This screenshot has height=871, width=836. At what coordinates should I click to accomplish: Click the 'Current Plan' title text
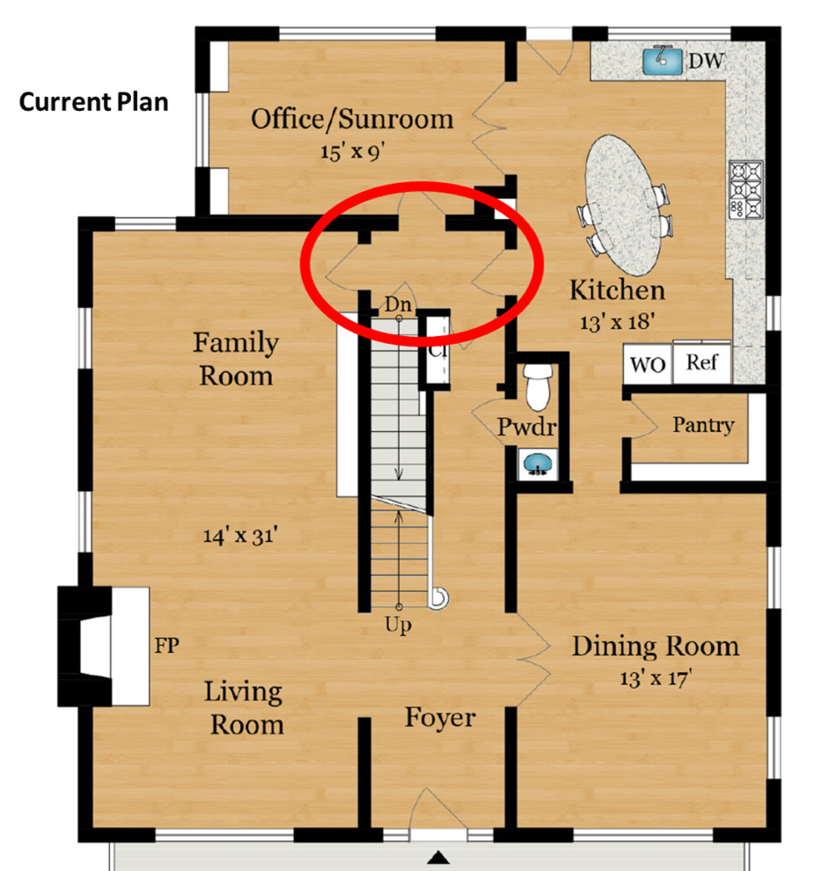point(93,102)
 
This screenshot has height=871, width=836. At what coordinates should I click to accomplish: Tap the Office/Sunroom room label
point(352,119)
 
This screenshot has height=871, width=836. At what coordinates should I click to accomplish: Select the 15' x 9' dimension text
point(352,150)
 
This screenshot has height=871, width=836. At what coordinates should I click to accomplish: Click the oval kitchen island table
point(626,203)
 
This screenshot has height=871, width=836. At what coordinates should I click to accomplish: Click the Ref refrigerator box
point(701,362)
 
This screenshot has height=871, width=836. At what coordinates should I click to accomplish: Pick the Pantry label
point(703,425)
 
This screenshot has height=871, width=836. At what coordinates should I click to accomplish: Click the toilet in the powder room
point(536,384)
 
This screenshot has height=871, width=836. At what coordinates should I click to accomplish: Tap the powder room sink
point(535,463)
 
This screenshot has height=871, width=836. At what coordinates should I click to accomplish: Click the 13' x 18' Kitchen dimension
point(616,321)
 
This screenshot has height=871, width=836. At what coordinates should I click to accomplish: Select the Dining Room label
point(656,647)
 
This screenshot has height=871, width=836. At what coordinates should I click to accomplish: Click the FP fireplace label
point(166,647)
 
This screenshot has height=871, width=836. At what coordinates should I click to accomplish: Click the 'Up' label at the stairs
point(398,626)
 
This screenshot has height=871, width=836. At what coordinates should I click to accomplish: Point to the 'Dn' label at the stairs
point(398,304)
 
